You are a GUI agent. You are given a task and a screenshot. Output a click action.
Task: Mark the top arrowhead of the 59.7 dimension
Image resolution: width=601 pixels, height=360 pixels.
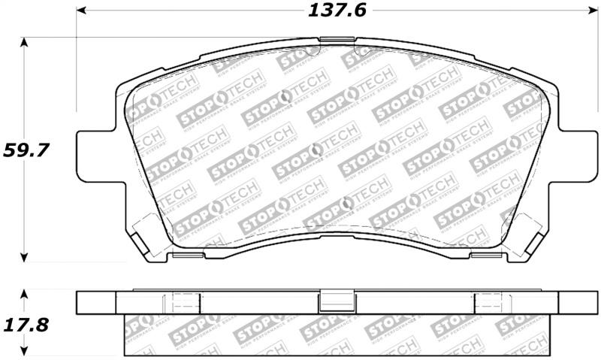tap(26, 42)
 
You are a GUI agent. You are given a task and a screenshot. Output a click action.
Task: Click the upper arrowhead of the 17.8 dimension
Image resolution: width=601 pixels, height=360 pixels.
tap(26, 293)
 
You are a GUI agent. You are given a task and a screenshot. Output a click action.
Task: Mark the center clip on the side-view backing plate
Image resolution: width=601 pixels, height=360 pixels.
tap(331, 301)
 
